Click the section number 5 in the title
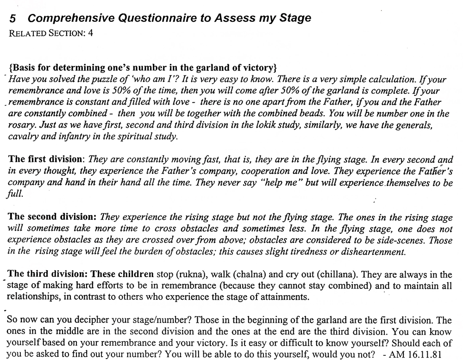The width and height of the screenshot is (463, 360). tap(13, 19)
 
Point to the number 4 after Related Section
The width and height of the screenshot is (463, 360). tap(91, 34)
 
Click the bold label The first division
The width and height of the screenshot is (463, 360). tap(47, 159)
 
